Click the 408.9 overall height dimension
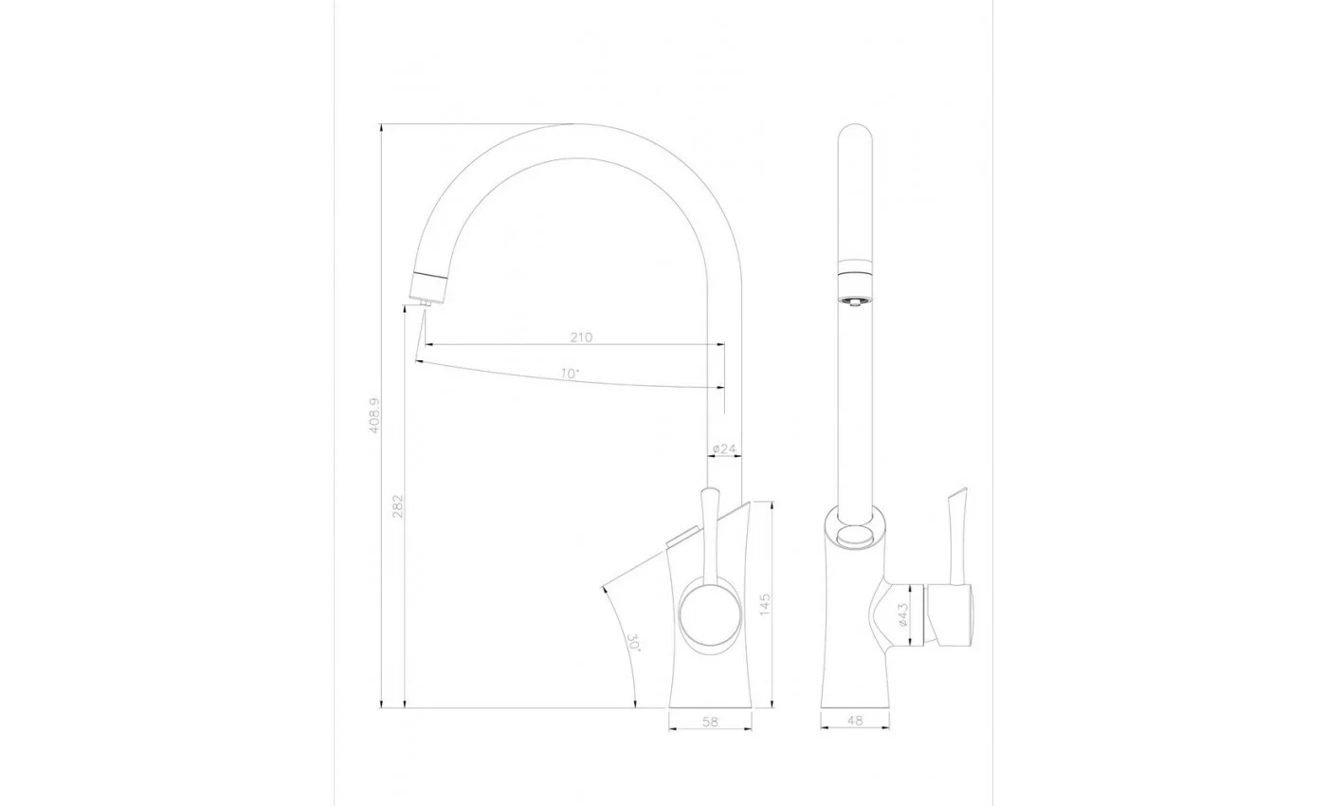tap(373, 415)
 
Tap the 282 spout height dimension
tap(397, 506)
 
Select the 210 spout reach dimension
tap(581, 338)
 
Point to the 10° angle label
tap(570, 374)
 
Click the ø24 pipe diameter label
tap(724, 449)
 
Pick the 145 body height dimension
tap(765, 604)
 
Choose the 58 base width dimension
tap(710, 722)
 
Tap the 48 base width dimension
tap(855, 720)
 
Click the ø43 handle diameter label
tap(902, 614)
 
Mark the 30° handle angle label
tap(633, 643)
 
